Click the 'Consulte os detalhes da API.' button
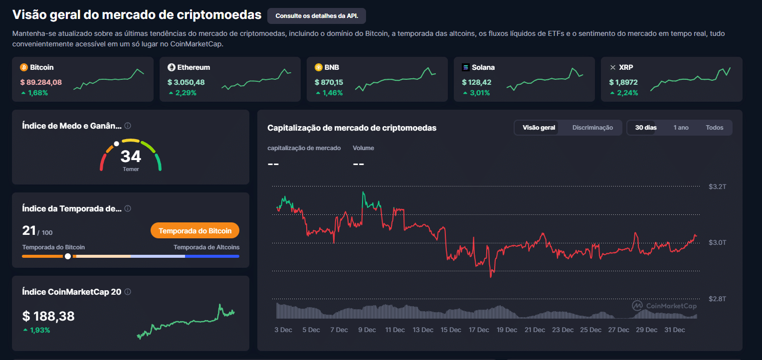(317, 16)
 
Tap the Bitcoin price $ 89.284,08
(41, 82)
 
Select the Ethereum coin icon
(172, 67)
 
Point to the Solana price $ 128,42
(476, 82)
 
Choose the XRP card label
(626, 67)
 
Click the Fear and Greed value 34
(131, 157)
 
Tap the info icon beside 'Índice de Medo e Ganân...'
(128, 126)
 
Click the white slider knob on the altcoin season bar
(67, 256)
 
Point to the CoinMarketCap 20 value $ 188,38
(48, 316)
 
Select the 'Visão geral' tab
(539, 128)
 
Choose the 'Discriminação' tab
(592, 128)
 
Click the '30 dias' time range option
(646, 128)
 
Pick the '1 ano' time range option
(681, 128)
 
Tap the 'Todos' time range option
(714, 128)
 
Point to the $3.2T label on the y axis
(717, 186)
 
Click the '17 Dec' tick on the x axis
(479, 330)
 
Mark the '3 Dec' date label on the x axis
(283, 330)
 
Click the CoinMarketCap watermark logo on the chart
(637, 306)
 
